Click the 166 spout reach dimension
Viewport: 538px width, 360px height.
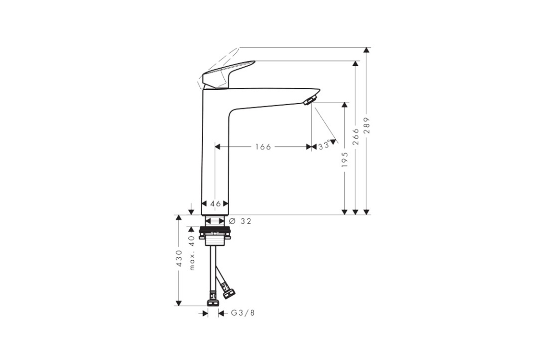[x=263, y=147]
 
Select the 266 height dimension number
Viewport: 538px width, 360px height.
[x=355, y=136]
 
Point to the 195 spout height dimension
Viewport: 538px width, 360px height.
[x=345, y=159]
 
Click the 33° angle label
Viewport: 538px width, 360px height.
[x=324, y=145]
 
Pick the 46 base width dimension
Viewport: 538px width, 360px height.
[x=216, y=204]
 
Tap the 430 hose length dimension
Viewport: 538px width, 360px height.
[x=178, y=258]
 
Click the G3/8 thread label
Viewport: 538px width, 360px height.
[x=243, y=313]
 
